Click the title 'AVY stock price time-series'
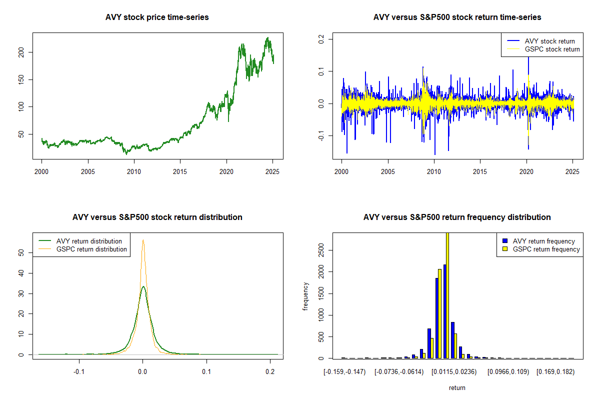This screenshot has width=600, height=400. click(x=157, y=17)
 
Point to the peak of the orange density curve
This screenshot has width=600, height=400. click(x=143, y=239)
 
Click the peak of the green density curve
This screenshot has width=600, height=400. click(x=143, y=286)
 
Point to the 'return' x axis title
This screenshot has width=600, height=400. click(x=457, y=387)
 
